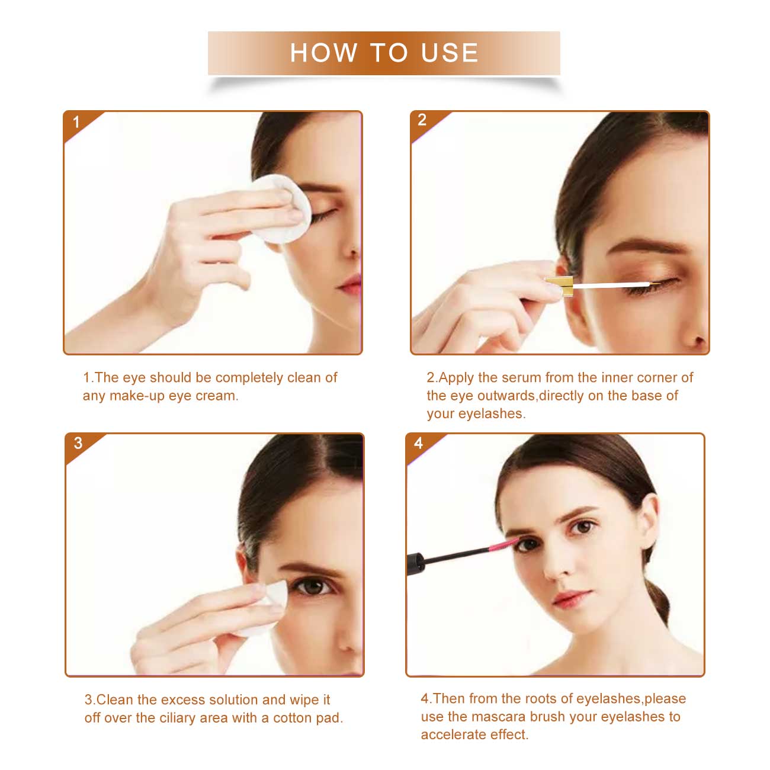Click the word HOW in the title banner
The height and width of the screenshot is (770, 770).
pyautogui.click(x=323, y=53)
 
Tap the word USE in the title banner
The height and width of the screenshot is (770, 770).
pyautogui.click(x=450, y=53)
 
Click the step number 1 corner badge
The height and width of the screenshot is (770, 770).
pyautogui.click(x=76, y=123)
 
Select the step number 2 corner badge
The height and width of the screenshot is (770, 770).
pyautogui.click(x=422, y=120)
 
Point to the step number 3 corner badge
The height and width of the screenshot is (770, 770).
pyautogui.click(x=78, y=443)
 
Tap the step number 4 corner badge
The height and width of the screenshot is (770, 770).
pyautogui.click(x=418, y=443)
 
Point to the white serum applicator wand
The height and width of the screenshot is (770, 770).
pyautogui.click(x=610, y=286)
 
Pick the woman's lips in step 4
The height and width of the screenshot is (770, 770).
pyautogui.click(x=568, y=598)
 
